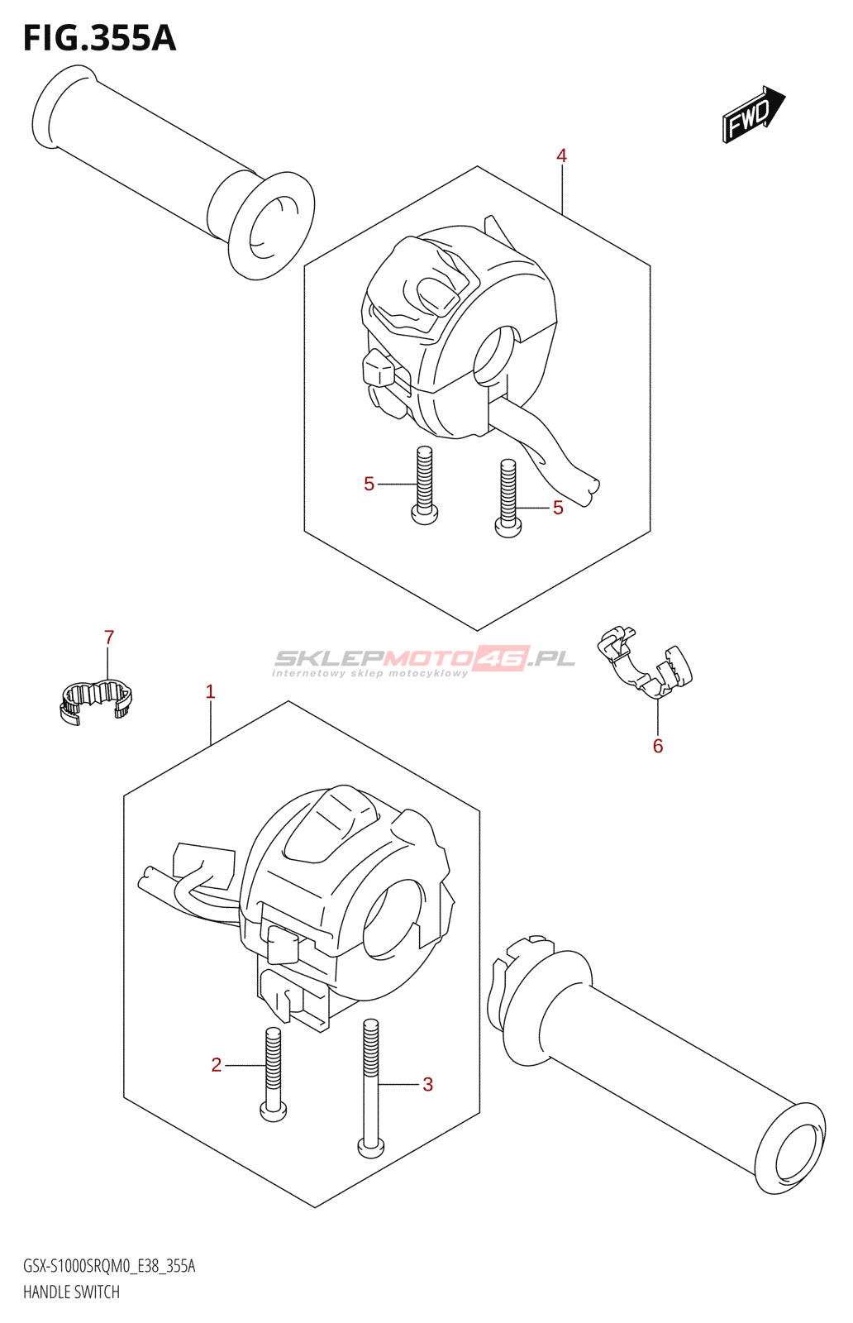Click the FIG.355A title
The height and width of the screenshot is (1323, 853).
(x=99, y=38)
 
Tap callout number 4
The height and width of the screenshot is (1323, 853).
(x=561, y=155)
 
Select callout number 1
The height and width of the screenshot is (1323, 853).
(x=210, y=691)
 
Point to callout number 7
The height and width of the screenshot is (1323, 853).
(x=109, y=638)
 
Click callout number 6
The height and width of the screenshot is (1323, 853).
(x=658, y=746)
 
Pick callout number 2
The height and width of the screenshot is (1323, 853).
(x=217, y=1065)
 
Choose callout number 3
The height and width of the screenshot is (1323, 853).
(x=427, y=1084)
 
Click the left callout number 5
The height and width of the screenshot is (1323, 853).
(x=369, y=484)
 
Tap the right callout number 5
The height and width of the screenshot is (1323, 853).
(x=558, y=508)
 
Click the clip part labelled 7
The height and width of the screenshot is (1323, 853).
(x=96, y=700)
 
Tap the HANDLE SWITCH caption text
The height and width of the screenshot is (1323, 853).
(x=72, y=1292)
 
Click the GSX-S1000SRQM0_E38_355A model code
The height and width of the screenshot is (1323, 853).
(x=109, y=1266)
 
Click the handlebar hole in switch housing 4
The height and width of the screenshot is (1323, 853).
(x=494, y=354)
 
